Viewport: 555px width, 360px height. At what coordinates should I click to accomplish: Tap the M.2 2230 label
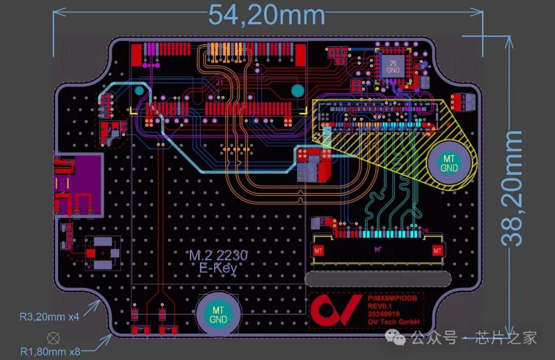(218, 255)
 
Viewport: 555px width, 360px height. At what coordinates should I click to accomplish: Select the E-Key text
(218, 268)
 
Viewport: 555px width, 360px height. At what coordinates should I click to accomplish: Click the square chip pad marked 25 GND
(393, 66)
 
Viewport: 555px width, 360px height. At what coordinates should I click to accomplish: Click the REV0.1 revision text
(380, 306)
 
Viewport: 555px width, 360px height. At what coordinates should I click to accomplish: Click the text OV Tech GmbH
(394, 323)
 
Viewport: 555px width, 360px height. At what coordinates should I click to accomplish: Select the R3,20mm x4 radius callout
(49, 317)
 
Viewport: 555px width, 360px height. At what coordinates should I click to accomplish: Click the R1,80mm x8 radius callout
(50, 352)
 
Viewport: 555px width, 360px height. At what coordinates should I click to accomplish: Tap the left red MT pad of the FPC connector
(319, 251)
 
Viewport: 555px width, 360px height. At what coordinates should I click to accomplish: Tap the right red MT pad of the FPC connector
(437, 251)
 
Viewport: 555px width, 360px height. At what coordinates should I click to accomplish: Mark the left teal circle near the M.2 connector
(139, 91)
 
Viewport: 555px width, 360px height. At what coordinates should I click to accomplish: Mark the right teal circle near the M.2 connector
(298, 91)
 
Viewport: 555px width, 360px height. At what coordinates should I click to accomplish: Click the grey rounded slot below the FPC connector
(378, 279)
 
